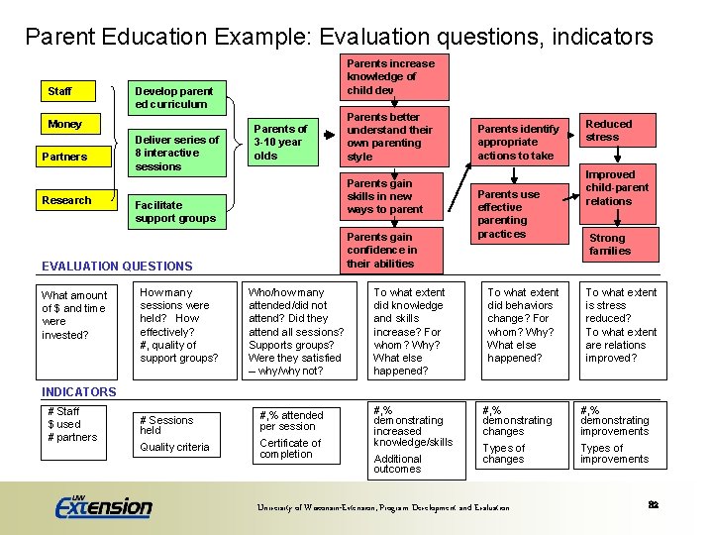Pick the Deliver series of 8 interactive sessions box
178,153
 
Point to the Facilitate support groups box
178,211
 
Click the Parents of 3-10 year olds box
281,143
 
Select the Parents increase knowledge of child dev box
390,76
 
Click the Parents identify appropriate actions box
519,143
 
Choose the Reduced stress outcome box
619,130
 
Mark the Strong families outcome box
619,245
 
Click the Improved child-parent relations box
619,187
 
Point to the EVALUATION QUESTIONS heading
117,266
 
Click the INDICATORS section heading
79,391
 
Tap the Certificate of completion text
290,449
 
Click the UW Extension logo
103,506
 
